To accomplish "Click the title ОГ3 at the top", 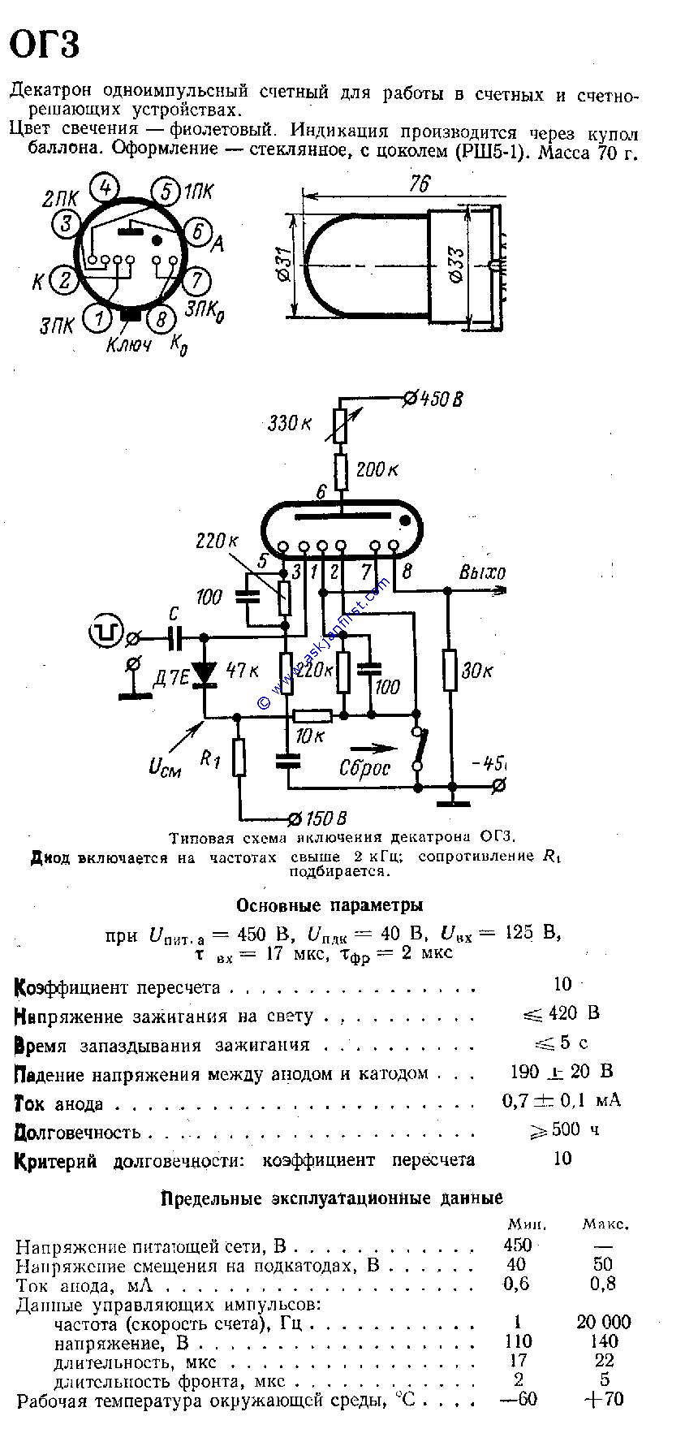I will click(x=45, y=45).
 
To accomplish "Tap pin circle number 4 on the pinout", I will click(x=105, y=188).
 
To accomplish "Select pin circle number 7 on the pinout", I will click(x=196, y=281).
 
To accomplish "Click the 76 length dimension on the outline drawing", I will click(x=420, y=184).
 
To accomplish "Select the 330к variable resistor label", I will click(x=290, y=422).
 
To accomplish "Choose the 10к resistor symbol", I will click(x=312, y=715).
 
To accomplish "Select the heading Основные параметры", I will click(x=330, y=904).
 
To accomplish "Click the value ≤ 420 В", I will click(x=561, y=1013).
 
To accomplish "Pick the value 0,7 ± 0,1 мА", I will click(x=561, y=1100).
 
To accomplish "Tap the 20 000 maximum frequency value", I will click(x=603, y=1322).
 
